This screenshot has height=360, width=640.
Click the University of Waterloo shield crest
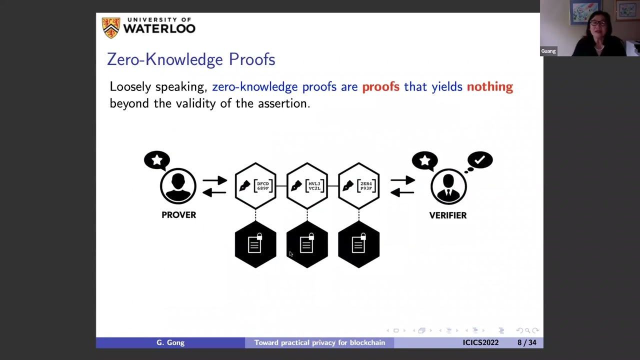(x=111, y=27)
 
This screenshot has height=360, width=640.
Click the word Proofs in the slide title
(x=251, y=59)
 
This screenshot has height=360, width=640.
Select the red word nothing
(x=489, y=87)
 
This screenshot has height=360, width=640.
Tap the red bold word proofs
(x=380, y=87)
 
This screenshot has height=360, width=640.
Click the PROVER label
(x=178, y=215)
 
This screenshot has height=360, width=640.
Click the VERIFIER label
(x=447, y=215)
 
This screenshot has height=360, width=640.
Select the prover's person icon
(x=178, y=186)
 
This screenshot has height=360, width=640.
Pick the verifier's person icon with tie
(x=448, y=186)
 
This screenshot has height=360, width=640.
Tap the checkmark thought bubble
(x=480, y=160)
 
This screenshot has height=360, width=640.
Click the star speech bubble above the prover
(x=157, y=160)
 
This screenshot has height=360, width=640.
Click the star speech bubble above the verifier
(x=424, y=160)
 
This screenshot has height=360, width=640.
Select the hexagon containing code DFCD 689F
(x=255, y=186)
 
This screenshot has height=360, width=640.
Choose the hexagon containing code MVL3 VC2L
(x=307, y=186)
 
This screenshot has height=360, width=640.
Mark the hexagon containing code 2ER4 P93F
(x=358, y=186)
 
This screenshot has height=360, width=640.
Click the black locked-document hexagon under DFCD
(x=255, y=244)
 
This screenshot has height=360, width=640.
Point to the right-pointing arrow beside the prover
(x=215, y=180)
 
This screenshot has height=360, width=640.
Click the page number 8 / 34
(x=527, y=342)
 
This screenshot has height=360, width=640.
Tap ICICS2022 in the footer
(x=480, y=342)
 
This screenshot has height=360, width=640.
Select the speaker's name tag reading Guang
(x=548, y=51)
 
